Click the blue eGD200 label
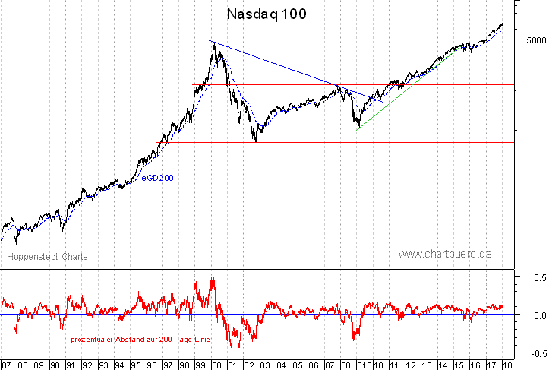click(x=156, y=178)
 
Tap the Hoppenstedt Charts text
click(x=47, y=257)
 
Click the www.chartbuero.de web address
click(x=445, y=255)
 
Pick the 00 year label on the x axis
click(x=216, y=364)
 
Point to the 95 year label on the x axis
click(x=136, y=364)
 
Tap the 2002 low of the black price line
click(x=257, y=141)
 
